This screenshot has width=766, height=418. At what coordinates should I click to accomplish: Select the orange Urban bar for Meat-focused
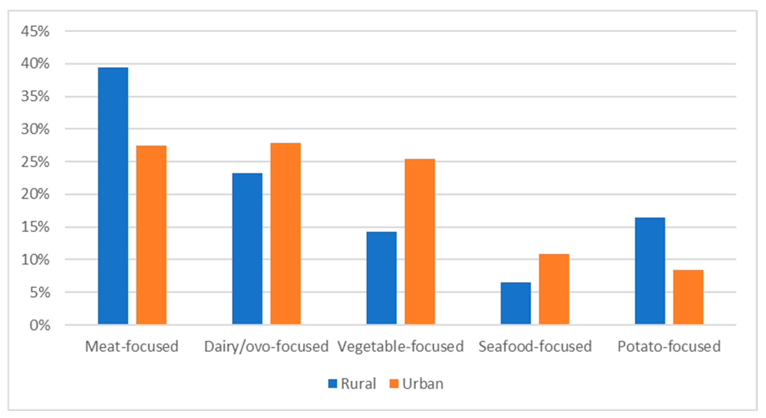point(151,235)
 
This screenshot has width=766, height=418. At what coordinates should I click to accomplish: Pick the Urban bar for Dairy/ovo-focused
point(285,233)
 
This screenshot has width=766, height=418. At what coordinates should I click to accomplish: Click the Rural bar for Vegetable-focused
point(381,278)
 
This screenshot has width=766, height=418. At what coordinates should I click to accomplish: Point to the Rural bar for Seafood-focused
point(516,303)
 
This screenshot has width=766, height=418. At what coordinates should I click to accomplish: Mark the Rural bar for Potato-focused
point(650,271)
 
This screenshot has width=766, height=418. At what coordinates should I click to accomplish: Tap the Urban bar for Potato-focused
point(688,297)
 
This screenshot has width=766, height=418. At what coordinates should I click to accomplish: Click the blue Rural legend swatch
point(333,384)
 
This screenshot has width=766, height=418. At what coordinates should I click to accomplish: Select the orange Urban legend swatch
point(394,384)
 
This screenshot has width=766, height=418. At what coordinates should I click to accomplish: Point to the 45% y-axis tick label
point(35,31)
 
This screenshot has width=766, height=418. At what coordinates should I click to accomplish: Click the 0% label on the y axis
point(40,325)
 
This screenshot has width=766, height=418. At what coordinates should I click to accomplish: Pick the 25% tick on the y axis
point(35,162)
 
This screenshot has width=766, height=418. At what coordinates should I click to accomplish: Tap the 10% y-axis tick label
point(35,260)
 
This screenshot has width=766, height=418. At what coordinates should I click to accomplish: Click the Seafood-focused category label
point(535,346)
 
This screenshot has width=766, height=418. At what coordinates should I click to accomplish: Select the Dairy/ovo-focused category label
point(266,346)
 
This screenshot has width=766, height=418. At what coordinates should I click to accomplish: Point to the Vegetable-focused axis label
point(400,346)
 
